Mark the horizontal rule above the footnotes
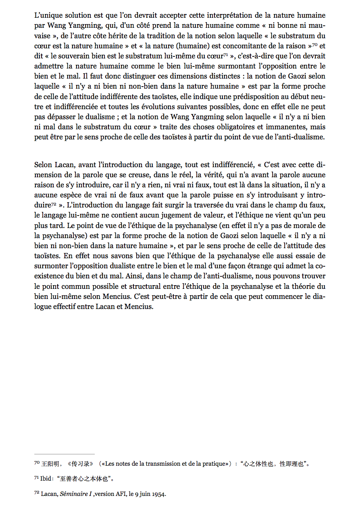tap(65, 454)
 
